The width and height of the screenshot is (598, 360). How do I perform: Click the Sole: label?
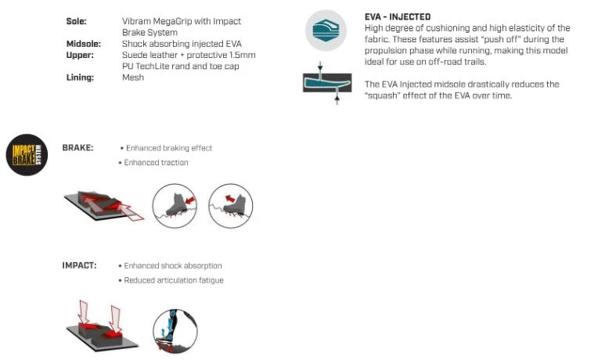76,21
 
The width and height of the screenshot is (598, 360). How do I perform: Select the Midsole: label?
84,44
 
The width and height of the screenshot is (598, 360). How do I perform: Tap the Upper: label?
80,56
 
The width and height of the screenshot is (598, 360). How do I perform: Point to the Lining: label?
80,77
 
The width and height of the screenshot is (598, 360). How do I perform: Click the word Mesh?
133,77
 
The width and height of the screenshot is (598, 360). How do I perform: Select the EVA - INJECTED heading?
398,16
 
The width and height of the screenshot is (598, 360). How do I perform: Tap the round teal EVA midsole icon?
326,31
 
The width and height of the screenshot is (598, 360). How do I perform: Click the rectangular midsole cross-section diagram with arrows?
327,83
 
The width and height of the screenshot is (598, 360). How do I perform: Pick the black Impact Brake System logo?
27,155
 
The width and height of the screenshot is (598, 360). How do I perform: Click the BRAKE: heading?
77,148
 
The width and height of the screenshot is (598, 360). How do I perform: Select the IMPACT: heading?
79,265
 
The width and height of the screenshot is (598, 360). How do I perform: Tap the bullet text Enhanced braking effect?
169,148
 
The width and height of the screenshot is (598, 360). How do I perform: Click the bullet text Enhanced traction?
156,163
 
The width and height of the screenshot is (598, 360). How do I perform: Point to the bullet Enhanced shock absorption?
173,265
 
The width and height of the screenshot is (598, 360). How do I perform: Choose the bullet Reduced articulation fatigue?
174,280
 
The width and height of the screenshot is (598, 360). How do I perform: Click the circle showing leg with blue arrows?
175,331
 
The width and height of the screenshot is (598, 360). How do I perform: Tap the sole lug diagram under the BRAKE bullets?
104,206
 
